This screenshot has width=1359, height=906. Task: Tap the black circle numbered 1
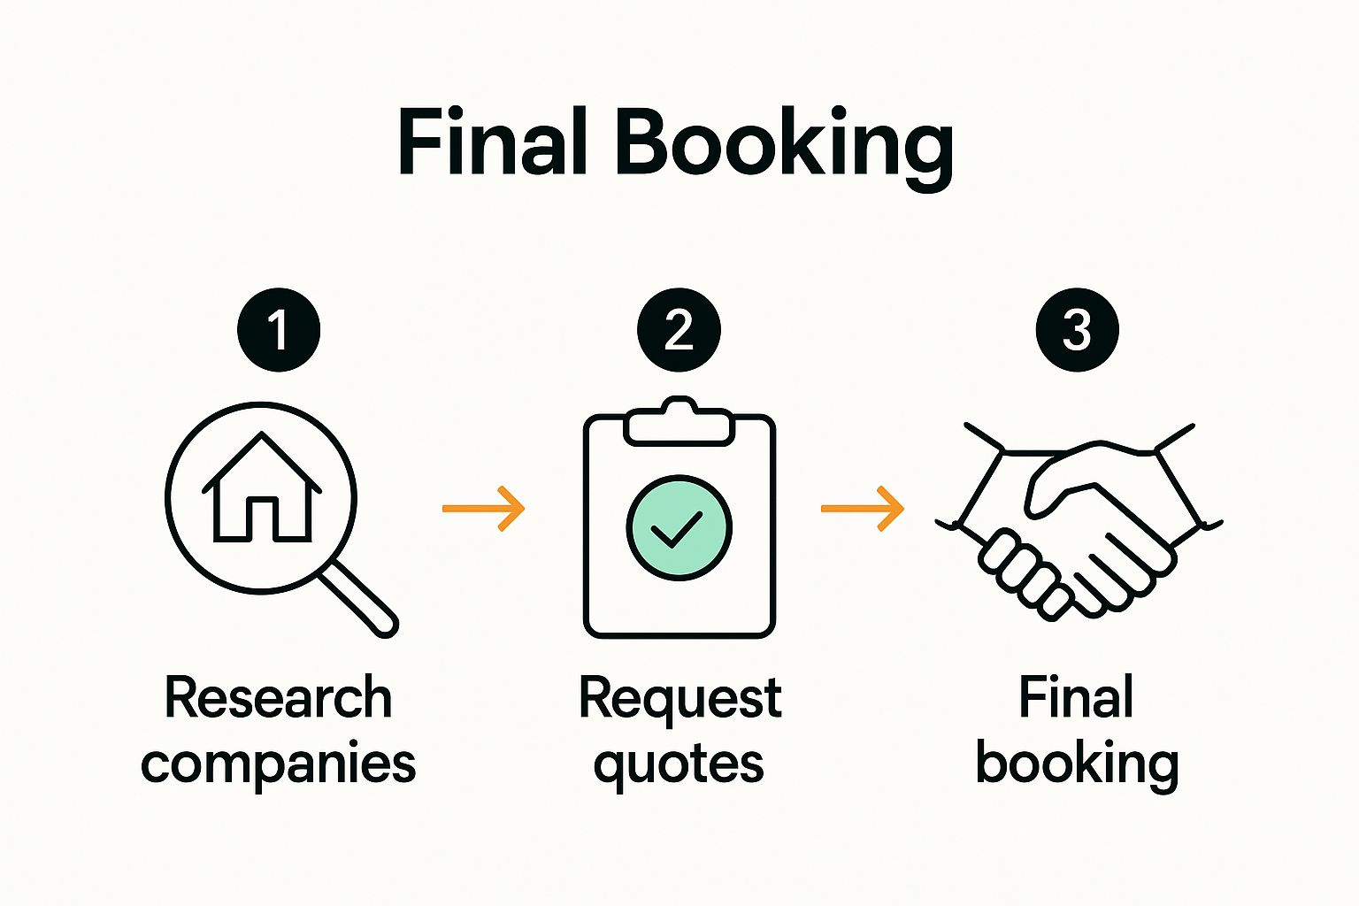279,330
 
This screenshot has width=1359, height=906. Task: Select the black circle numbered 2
679,330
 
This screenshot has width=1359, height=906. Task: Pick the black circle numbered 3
1077,330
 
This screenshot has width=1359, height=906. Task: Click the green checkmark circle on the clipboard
679,528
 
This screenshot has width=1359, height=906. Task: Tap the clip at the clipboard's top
679,423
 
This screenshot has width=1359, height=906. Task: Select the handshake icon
1079,522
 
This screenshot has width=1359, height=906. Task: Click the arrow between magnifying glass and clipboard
484,508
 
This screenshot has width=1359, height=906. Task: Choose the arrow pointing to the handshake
863,508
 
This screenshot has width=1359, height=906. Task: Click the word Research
278,698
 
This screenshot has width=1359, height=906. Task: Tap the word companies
278,764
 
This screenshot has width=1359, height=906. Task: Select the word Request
679,698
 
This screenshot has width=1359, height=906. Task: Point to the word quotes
679,765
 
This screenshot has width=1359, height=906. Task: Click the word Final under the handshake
1076,698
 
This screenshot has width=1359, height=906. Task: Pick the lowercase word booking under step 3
1077,764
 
